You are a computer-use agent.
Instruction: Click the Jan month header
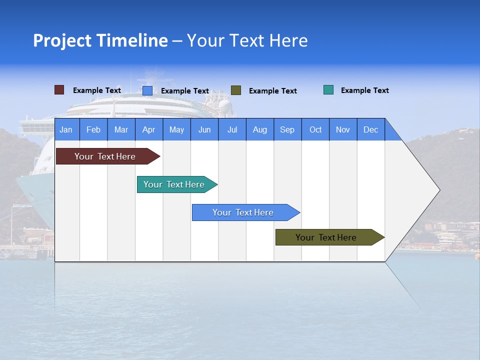click(66, 129)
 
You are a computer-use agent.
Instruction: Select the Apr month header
click(148, 129)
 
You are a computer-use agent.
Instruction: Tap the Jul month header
click(232, 129)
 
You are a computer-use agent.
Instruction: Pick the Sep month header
click(287, 129)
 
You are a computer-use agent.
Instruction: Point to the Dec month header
click(370, 129)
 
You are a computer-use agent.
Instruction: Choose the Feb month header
click(93, 129)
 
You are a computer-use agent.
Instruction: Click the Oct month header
click(315, 129)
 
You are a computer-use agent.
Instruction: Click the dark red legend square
click(59, 90)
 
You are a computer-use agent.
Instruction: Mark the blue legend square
click(147, 90)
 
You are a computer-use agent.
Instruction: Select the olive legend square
click(236, 90)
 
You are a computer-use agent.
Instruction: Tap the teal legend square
click(328, 90)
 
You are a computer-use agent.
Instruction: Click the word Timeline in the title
click(132, 40)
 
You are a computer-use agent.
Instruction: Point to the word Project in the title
click(62, 40)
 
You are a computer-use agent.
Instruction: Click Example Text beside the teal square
click(364, 90)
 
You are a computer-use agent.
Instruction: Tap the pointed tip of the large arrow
click(438, 190)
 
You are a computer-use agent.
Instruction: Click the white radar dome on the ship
click(225, 105)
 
